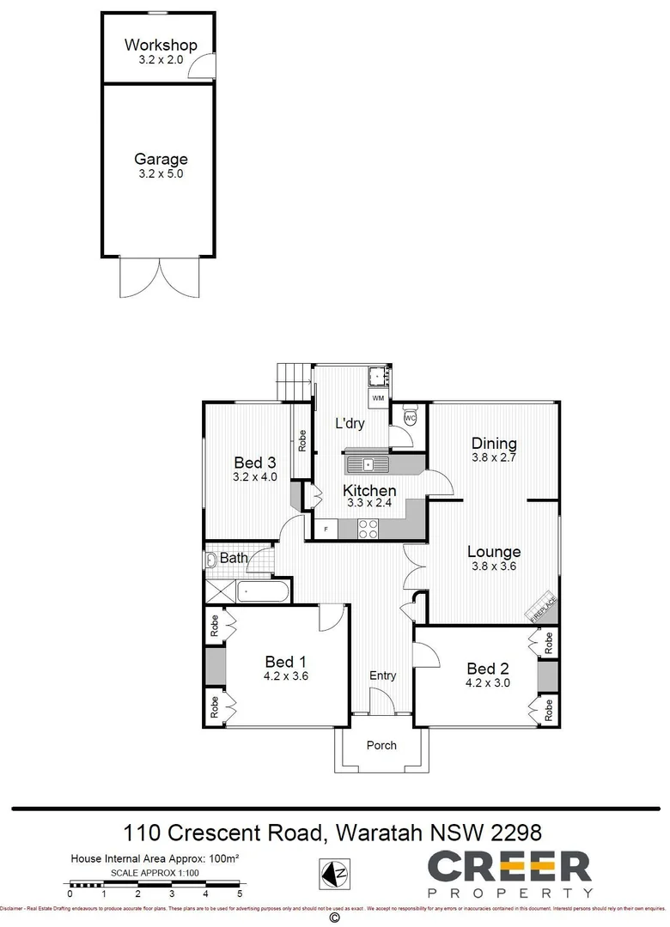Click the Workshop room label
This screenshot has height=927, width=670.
pos(161,45)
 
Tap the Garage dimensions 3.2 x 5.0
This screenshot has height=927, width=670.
pos(161,173)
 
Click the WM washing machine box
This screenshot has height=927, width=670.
pos(378,399)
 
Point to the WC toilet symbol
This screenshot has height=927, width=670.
pos(410,417)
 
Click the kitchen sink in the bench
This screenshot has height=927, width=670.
pos(368,465)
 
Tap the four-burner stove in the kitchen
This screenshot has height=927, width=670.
pos(368,530)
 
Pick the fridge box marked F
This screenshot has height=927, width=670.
pos(326,530)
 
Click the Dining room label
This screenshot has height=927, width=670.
pos(494,444)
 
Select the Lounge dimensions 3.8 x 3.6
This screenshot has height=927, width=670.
pos(494,566)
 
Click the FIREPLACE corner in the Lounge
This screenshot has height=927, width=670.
pos(543,606)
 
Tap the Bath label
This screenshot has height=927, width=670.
pos(234,558)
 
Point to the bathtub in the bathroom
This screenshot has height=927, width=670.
pos(263,591)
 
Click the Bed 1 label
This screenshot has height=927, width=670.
pos(286,662)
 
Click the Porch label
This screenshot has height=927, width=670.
pos(381,745)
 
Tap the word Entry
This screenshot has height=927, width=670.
pos(382,676)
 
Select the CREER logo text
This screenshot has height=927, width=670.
pos(509,867)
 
